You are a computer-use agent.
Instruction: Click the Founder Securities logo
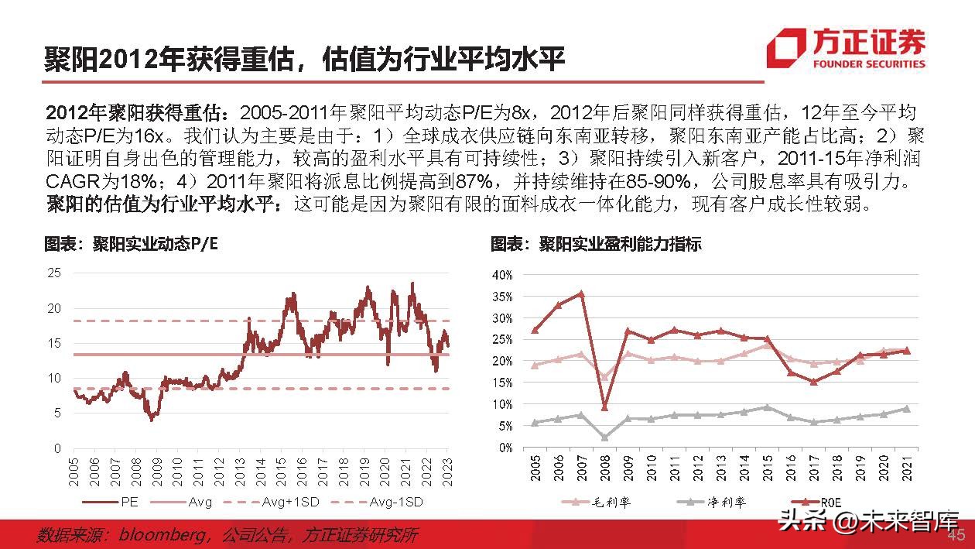[x=847, y=48]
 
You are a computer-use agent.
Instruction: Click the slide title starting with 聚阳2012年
[x=305, y=58]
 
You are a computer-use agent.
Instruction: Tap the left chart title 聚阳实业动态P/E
[x=131, y=245]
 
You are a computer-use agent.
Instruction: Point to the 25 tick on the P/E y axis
[x=54, y=273]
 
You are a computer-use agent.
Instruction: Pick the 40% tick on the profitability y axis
[x=502, y=275]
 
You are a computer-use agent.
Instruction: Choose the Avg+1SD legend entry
[x=287, y=502]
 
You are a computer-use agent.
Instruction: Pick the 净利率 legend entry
[x=707, y=503]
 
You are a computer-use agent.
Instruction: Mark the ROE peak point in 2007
[x=580, y=294]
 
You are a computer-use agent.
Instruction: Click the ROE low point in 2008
[x=604, y=407]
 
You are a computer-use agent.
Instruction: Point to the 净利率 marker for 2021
[x=906, y=409]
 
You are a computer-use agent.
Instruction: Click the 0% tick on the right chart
[x=505, y=448]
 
